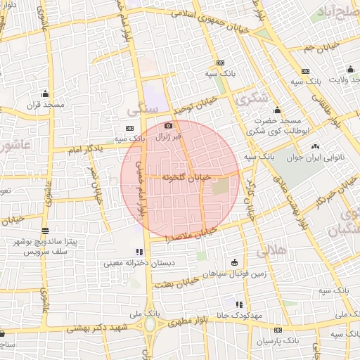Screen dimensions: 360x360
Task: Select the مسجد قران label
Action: coord(46,105)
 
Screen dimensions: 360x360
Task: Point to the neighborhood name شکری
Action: coord(254,99)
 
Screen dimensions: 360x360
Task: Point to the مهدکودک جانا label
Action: coord(239,315)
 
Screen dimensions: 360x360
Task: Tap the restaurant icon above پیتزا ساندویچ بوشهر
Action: coord(46,231)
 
